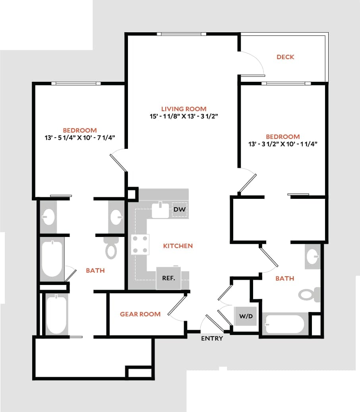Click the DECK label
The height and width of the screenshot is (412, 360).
pyautogui.click(x=285, y=57)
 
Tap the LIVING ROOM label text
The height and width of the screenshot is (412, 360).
pyautogui.click(x=184, y=109)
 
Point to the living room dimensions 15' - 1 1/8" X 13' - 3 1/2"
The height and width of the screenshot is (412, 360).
pyautogui.click(x=184, y=116)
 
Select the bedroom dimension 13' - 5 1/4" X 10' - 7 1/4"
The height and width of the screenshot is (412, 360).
pyautogui.click(x=80, y=138)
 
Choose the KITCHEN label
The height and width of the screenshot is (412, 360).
pyautogui.click(x=178, y=246)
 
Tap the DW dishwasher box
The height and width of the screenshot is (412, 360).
pyautogui.click(x=179, y=209)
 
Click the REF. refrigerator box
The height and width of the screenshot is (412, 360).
pyautogui.click(x=168, y=278)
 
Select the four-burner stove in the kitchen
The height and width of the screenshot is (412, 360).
pyautogui.click(x=141, y=244)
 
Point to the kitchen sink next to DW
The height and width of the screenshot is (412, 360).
pyautogui.click(x=161, y=210)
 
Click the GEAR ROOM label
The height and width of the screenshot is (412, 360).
pyautogui.click(x=140, y=314)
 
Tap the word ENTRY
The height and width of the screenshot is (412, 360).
pyautogui.click(x=212, y=339)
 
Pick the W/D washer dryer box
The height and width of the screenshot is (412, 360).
pyautogui.click(x=246, y=316)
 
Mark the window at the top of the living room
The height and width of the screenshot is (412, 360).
pyautogui.click(x=181, y=34)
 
